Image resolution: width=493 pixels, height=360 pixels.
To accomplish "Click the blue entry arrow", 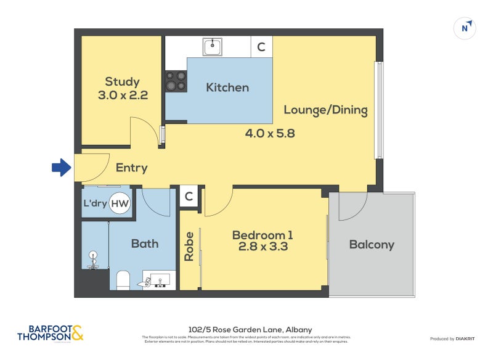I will coord(61,168).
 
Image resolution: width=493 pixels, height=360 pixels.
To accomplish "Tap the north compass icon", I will coord(465,28).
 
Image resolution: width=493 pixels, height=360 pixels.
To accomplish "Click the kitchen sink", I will coord(213,46).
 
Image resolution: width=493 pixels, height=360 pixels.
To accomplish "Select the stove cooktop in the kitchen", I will coord(175,81).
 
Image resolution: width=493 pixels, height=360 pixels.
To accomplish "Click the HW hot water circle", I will coord(121,203).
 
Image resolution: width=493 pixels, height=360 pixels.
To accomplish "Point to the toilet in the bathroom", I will coord(123,280).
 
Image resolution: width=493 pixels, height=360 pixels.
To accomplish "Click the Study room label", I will coord(122,81).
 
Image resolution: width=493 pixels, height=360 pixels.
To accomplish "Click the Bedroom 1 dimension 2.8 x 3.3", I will coord(262,248).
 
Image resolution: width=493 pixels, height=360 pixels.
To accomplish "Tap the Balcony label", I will coord(372,245).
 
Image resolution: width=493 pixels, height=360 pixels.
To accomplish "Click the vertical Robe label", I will coord(190,246).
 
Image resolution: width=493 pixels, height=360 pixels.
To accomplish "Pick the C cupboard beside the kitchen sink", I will coord(261,47).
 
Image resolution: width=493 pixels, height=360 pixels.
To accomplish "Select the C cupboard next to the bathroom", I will coord(189,197).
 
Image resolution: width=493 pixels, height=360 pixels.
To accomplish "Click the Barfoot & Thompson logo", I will coord(49,333).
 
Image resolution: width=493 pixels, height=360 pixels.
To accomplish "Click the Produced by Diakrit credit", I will coord(455,339).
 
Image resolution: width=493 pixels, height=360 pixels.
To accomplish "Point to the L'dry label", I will coord(94,203).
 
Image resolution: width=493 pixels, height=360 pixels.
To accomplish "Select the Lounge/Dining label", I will coord(325,110).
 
